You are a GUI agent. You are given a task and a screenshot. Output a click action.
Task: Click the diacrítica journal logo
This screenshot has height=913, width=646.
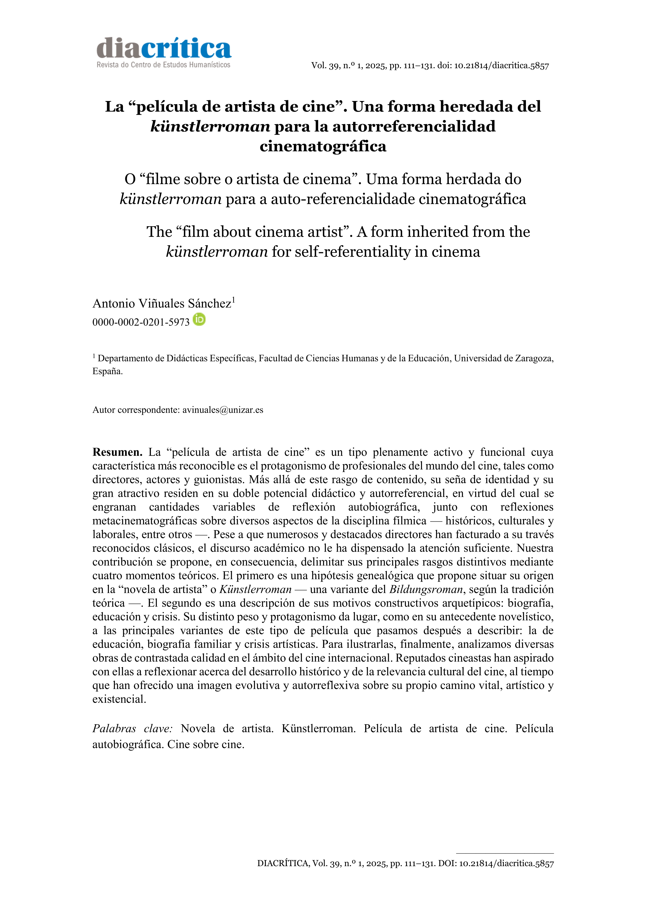coord(164,49)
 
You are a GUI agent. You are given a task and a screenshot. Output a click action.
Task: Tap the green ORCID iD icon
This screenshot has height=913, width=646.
coord(199,319)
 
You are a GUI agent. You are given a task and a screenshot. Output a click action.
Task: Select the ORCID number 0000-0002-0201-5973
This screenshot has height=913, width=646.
coord(141,322)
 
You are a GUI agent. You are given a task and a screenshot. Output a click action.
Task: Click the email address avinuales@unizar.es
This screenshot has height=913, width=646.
coord(223,410)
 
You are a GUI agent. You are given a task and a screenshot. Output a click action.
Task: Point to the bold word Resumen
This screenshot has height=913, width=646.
coord(117,452)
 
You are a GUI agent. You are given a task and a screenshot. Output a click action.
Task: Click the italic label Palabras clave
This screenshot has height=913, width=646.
coord(133,728)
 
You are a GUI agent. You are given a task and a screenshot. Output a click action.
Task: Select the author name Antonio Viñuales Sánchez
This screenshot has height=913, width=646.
coord(162,303)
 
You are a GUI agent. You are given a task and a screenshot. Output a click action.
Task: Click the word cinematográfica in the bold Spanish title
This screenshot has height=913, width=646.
coord(323,146)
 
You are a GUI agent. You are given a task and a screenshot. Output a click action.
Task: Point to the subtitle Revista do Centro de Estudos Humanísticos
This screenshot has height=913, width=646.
coord(164,65)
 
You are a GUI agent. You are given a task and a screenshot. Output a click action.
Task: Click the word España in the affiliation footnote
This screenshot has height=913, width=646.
coord(107,372)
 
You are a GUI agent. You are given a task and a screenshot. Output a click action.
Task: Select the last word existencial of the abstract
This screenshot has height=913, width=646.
coord(119,699)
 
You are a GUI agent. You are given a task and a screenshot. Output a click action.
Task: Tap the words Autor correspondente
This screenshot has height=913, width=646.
coord(136,410)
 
